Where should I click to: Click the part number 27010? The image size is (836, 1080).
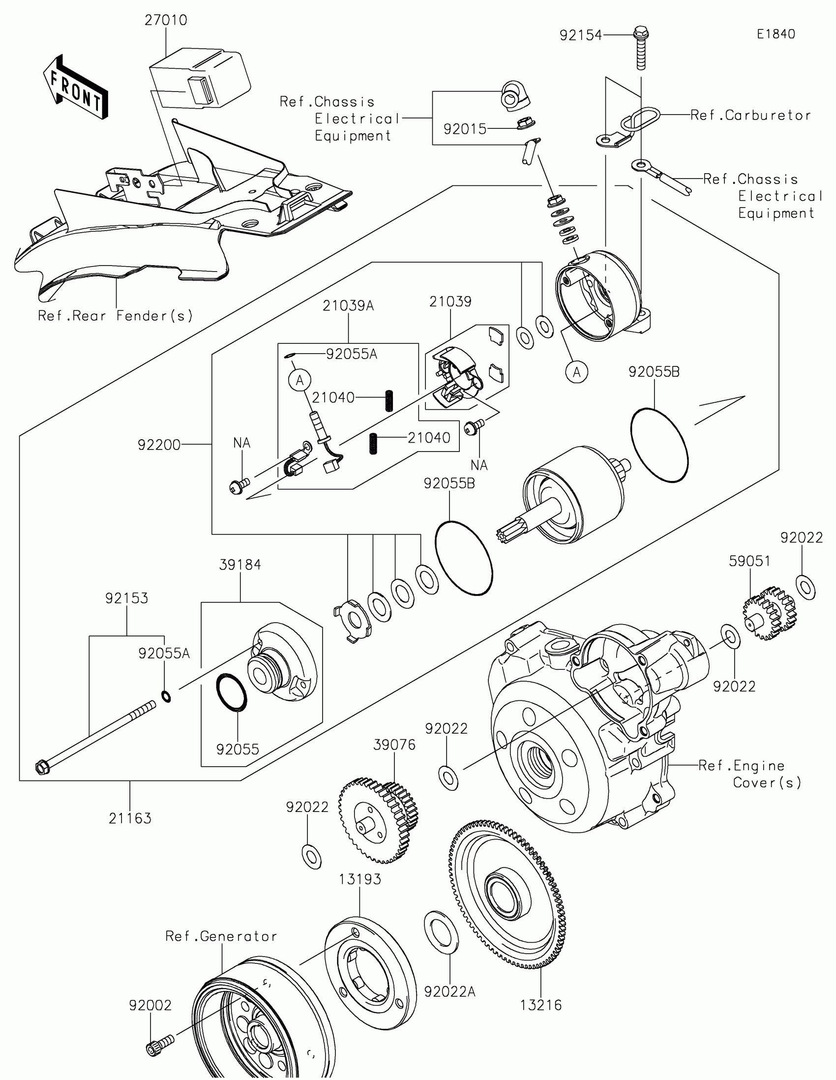coord(166,20)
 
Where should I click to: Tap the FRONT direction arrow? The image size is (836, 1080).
coord(76,87)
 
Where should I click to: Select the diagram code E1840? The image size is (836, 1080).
coord(776,34)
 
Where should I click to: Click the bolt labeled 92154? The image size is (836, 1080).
coord(641,48)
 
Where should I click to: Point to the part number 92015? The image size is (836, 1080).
coord(465,129)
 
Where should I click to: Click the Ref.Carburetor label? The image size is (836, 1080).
coord(750,115)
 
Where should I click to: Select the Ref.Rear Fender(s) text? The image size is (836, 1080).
coord(115,316)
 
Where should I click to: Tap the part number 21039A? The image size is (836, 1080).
coord(348,306)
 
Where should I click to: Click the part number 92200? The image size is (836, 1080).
coord(159,445)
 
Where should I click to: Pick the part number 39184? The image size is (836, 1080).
coord(240,565)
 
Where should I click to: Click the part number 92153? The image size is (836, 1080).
coord(126,599)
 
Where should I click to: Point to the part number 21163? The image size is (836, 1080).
coord(130,818)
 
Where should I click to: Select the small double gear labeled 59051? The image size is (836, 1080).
coord(770,613)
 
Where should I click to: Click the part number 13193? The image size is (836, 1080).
coord(360,879)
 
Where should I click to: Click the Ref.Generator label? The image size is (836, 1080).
coord(221,936)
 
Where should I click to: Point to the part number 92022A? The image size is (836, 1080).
coord(450,991)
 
